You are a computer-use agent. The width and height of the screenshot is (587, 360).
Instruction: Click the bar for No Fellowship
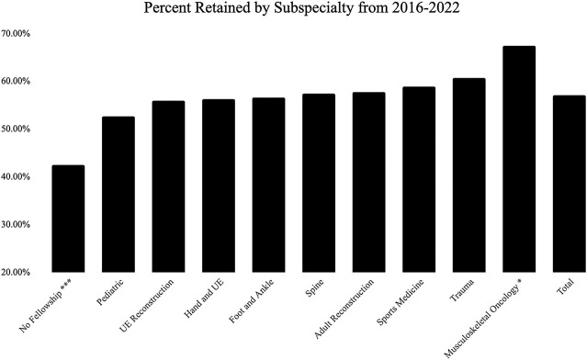tap(68, 219)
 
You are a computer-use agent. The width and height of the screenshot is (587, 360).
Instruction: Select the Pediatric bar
tap(119, 194)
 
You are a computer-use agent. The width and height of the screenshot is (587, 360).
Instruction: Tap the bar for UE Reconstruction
tap(168, 186)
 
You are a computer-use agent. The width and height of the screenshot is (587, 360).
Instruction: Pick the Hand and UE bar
tap(219, 186)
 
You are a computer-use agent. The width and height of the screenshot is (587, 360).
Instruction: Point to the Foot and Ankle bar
tap(269, 185)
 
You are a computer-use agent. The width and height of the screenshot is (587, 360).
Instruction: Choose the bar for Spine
tap(319, 183)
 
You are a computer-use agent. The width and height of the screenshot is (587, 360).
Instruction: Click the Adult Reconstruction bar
tap(369, 182)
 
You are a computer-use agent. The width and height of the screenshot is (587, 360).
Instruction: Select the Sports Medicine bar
tap(419, 179)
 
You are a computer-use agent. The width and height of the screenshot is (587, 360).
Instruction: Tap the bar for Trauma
tap(469, 175)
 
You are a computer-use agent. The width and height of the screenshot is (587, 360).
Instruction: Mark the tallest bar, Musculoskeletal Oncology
tap(519, 159)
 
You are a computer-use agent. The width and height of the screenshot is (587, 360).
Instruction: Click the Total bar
tap(570, 184)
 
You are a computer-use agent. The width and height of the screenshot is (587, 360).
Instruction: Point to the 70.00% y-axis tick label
tap(16, 33)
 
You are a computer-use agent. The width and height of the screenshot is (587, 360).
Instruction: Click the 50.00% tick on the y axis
tap(16, 129)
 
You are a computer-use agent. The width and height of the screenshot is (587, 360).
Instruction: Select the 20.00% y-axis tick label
tap(16, 272)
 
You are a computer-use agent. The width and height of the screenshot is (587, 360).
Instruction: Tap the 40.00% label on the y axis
tap(16, 176)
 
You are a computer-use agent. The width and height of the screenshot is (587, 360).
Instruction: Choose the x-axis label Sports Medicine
tap(401, 302)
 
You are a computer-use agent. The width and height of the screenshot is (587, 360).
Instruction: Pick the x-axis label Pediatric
tap(110, 292)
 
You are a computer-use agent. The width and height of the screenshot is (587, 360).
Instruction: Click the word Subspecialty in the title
tap(314, 8)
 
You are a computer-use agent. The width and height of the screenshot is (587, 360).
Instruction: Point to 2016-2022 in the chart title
tap(426, 7)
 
